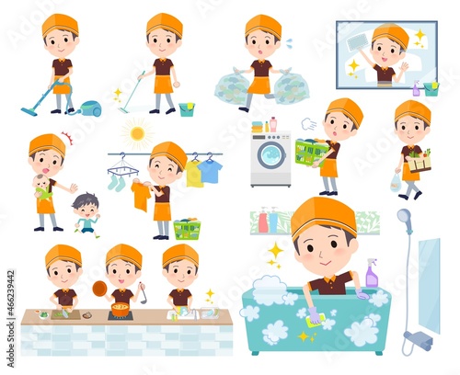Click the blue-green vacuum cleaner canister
[x=91, y=108]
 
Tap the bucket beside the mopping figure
[x=187, y=109]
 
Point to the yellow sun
[x=137, y=133]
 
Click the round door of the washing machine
[x=271, y=154]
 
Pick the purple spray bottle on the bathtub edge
[x=372, y=273]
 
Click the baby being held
[x=41, y=187]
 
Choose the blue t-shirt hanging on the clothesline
[x=210, y=170]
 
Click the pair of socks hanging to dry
[x=117, y=182]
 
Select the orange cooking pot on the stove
[x=121, y=310]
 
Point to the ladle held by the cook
[x=143, y=293]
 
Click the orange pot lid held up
[x=99, y=289]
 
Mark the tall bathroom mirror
[x=429, y=286]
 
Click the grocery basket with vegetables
[x=420, y=162]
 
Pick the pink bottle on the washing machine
[x=273, y=124]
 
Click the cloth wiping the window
[x=357, y=42]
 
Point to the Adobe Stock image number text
[x=11, y=319]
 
